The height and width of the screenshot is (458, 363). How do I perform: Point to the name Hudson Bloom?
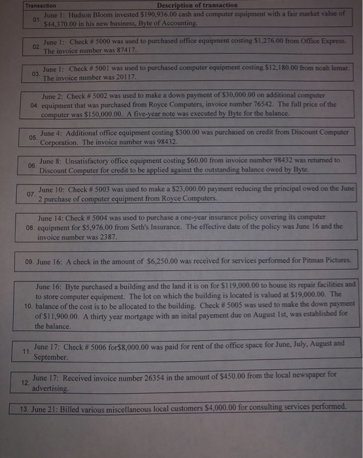point(90,14)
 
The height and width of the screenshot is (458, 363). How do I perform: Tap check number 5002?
point(98,94)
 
